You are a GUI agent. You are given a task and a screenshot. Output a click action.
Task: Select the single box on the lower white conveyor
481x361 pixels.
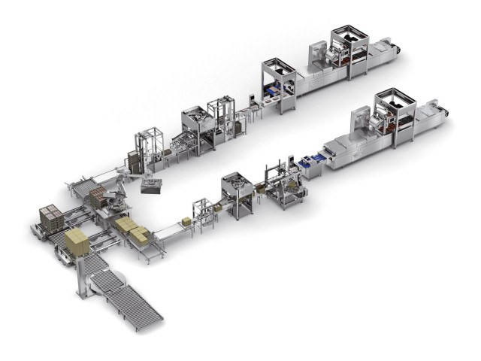click(185, 221)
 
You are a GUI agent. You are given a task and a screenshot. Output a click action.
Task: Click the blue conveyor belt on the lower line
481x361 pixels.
click(309, 159)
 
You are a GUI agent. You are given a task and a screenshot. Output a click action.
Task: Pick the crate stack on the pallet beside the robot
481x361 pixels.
click(98, 197)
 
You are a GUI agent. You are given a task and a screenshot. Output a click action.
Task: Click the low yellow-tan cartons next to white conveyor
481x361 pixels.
click(132, 229)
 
